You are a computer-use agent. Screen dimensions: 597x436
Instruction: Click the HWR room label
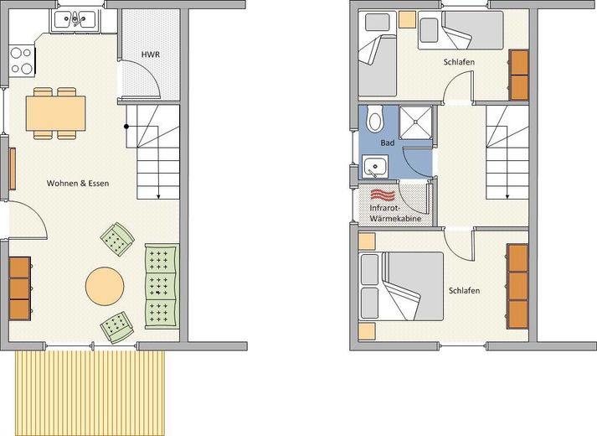pyautogui.click(x=151, y=54)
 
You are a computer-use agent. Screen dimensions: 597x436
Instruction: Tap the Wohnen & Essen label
pyautogui.click(x=78, y=184)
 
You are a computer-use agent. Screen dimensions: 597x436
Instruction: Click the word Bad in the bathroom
pyautogui.click(x=387, y=143)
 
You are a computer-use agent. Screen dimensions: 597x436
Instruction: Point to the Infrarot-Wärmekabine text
pyautogui.click(x=395, y=214)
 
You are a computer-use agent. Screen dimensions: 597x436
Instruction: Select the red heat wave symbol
pyautogui.click(x=383, y=195)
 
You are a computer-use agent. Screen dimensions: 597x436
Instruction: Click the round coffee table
pyautogui.click(x=105, y=286)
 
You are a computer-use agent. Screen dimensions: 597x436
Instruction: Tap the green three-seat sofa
pyautogui.click(x=162, y=286)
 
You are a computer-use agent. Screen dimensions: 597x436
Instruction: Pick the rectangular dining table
pyautogui.click(x=55, y=113)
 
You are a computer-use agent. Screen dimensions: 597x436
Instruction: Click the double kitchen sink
pyautogui.click(x=75, y=20)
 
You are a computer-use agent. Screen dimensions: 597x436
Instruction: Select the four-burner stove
pyautogui.click(x=22, y=60)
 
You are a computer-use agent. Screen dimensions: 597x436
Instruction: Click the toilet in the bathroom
pyautogui.click(x=374, y=118)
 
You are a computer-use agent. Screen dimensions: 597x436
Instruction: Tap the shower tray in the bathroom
pyautogui.click(x=415, y=122)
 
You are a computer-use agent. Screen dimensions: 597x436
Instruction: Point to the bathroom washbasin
pyautogui.click(x=374, y=167)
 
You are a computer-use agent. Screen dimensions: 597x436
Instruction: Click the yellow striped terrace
pyautogui.click(x=90, y=393)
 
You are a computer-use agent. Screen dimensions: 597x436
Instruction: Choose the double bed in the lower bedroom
pyautogui.click(x=401, y=286)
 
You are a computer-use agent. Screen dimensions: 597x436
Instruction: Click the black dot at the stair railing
pyautogui.click(x=126, y=127)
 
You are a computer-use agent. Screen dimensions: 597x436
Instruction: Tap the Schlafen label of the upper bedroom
pyautogui.click(x=459, y=62)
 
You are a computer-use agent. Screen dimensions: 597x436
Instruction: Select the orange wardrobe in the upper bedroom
pyautogui.click(x=519, y=75)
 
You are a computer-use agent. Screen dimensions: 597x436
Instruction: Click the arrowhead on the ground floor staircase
pyautogui.click(x=158, y=196)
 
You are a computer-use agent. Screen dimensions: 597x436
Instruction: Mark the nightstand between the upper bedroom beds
pyautogui.click(x=407, y=19)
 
